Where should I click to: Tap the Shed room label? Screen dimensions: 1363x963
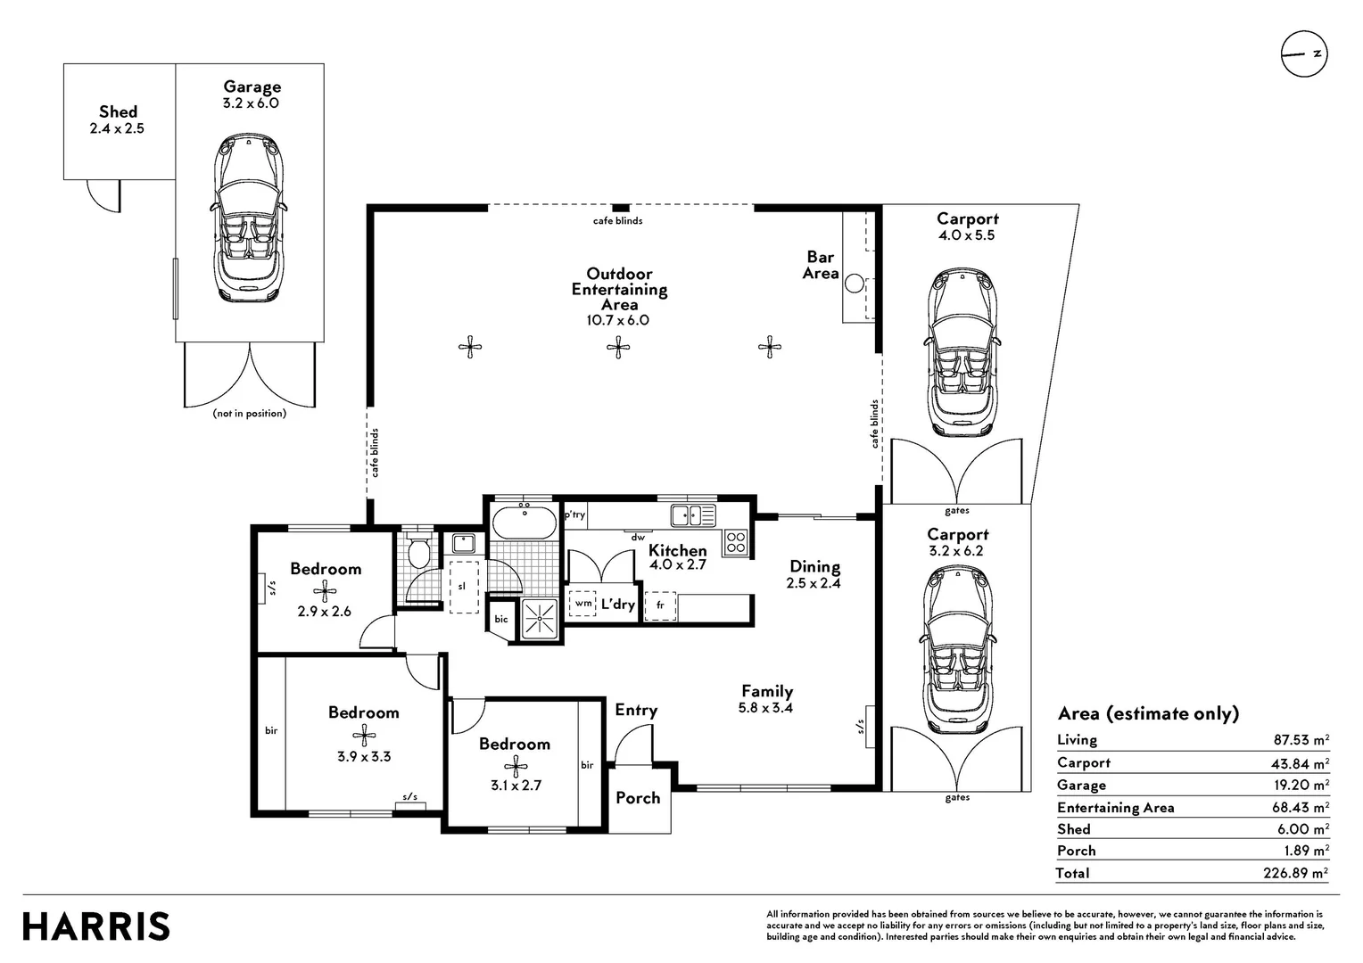tap(118, 112)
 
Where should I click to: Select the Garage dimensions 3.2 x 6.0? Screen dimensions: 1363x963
tap(251, 103)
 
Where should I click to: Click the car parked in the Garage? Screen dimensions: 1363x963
tap(250, 218)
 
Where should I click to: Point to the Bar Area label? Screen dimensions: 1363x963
tap(821, 265)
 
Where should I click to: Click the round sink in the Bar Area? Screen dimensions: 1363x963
tap(855, 284)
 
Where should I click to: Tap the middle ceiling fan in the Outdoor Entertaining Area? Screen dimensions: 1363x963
tap(618, 348)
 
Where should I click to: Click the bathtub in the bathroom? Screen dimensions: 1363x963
tap(524, 523)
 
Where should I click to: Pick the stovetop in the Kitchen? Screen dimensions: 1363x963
tap(736, 542)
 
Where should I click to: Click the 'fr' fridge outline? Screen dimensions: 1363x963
tap(660, 606)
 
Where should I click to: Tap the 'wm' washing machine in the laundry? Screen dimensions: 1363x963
tap(582, 604)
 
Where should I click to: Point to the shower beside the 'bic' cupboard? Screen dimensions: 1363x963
tap(540, 620)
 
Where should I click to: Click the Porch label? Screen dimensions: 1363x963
tap(638, 797)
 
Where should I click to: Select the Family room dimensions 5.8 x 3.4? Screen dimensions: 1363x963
tap(765, 708)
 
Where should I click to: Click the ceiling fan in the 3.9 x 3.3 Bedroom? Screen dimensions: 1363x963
tap(364, 736)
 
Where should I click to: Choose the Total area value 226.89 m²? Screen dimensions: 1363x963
tap(1296, 873)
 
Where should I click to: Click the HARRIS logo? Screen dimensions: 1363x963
tap(96, 926)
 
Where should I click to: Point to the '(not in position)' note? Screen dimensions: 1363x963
tap(250, 414)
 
